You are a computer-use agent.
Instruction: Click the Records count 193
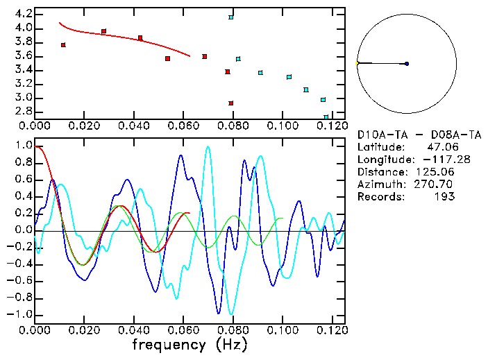pyautogui.click(x=444, y=196)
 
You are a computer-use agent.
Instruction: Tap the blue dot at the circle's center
pyautogui.click(x=407, y=64)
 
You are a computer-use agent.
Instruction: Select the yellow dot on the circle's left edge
pyautogui.click(x=357, y=64)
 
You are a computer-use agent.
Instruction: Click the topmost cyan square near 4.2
pyautogui.click(x=231, y=17)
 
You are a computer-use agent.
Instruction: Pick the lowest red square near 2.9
pyautogui.click(x=231, y=103)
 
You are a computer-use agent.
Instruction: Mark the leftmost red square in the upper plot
pyautogui.click(x=63, y=45)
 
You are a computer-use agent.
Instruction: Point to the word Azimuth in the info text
pyautogui.click(x=380, y=184)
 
